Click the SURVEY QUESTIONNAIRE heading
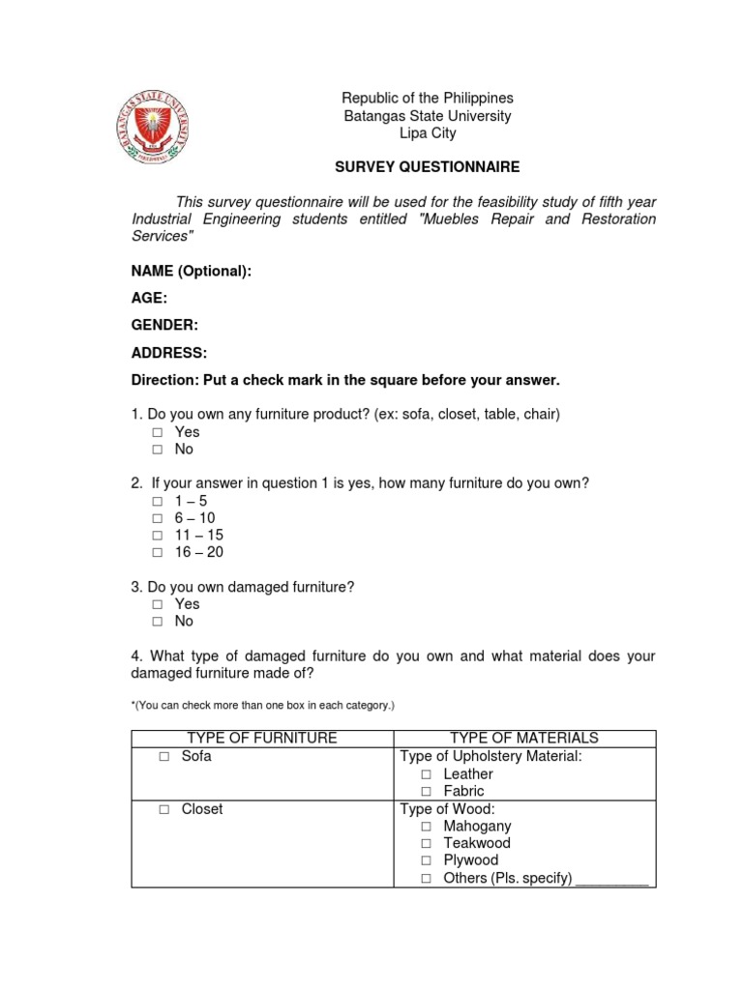(x=427, y=167)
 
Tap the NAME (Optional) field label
(x=191, y=272)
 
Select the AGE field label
(x=149, y=299)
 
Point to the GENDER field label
(x=164, y=326)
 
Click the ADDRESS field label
(x=169, y=353)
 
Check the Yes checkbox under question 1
(x=157, y=433)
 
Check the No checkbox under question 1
(x=157, y=451)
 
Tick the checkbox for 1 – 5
(x=157, y=502)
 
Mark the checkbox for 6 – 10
(x=157, y=519)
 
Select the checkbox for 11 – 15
(x=157, y=536)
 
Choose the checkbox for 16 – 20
(x=157, y=553)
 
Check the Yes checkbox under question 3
(x=157, y=604)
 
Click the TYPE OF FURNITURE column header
(x=262, y=738)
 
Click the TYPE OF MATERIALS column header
(x=524, y=738)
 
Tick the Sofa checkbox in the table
(x=164, y=757)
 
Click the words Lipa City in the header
(x=427, y=133)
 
